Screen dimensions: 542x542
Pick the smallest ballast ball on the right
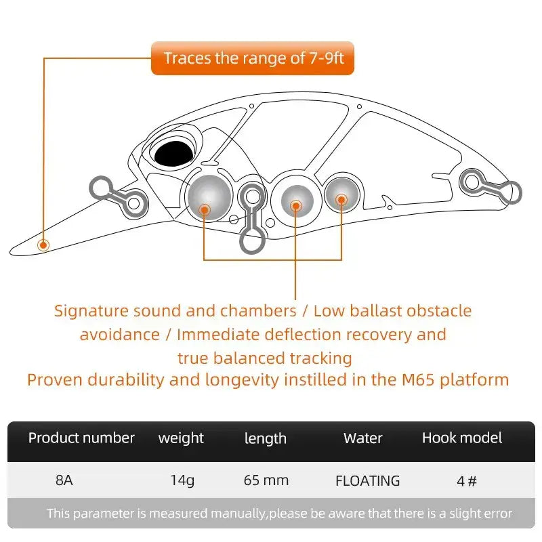[341, 196]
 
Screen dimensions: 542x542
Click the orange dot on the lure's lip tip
[44, 245]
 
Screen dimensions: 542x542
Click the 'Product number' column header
[81, 438]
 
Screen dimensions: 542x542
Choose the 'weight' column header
[181, 438]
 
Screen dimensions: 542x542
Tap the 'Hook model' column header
[462, 438]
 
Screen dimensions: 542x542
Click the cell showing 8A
[64, 480]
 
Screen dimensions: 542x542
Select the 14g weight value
[182, 480]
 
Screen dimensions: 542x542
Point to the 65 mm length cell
[266, 480]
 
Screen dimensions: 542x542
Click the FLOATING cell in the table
[367, 481]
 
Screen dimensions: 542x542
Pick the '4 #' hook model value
[467, 481]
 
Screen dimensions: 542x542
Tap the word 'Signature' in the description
[91, 311]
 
